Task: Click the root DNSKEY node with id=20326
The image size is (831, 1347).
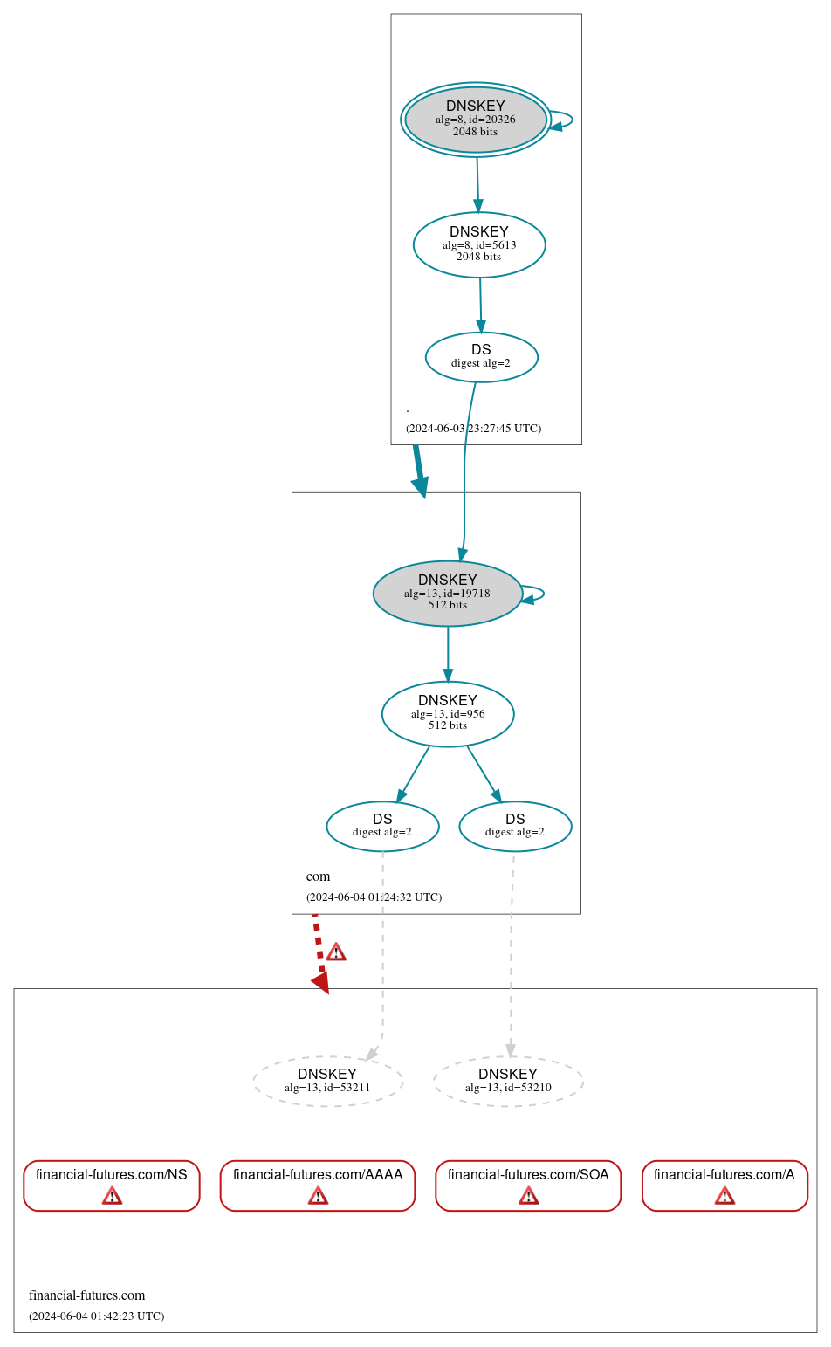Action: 476,120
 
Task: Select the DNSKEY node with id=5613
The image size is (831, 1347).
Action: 479,245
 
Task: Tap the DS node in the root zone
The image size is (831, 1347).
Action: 481,357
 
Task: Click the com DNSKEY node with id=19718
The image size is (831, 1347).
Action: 448,594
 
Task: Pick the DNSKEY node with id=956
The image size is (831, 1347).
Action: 448,714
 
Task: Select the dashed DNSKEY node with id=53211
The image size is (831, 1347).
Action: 327,1082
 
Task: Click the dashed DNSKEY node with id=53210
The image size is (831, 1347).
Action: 508,1082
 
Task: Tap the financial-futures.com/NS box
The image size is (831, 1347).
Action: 112,1185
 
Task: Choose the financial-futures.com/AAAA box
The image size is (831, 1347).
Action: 318,1185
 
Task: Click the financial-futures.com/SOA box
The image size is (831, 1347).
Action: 528,1185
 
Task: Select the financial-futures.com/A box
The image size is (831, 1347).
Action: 725,1185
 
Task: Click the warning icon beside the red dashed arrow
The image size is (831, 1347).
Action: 336,952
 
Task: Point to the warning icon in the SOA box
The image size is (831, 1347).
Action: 528,1196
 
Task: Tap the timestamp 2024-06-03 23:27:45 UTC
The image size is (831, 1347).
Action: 473,429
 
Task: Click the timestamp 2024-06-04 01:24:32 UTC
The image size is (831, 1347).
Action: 374,897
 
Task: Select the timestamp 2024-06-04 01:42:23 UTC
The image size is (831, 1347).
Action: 96,1316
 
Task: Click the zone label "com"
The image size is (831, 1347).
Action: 318,876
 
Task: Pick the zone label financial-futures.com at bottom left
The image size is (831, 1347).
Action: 86,1295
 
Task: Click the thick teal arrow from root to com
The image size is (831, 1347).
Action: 420,471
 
